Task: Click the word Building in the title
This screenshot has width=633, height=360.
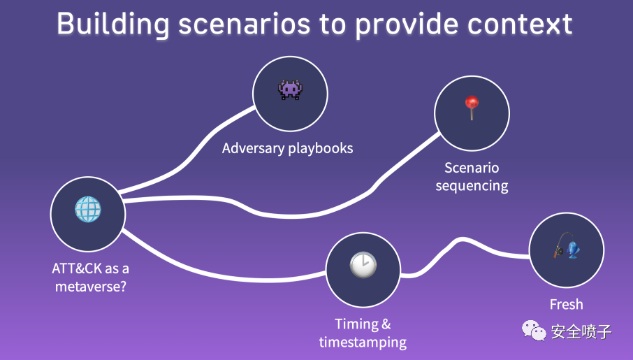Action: point(113,24)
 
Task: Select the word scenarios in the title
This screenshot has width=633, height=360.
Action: point(245,24)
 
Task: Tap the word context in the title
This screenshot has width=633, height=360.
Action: point(520,24)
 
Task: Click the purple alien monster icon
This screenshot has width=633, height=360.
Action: point(290,89)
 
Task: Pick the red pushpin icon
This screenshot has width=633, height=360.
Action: point(472,108)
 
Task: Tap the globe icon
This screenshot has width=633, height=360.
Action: point(88,209)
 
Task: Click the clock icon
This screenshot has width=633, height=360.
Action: point(363,265)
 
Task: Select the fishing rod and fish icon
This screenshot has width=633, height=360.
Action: point(567,245)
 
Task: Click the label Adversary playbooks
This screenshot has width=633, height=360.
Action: point(287,148)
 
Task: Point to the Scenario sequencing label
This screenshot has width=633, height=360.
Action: point(472,177)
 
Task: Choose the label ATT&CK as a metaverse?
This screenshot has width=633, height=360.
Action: point(90,278)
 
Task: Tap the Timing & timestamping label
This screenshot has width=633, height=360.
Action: point(363,333)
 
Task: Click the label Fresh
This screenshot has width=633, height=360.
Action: point(567,304)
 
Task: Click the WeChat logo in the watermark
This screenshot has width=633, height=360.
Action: point(534,331)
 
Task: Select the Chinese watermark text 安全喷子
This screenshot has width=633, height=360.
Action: point(581,332)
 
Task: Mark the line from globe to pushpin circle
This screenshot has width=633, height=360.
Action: point(282,216)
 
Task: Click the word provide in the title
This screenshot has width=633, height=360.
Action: point(407,25)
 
